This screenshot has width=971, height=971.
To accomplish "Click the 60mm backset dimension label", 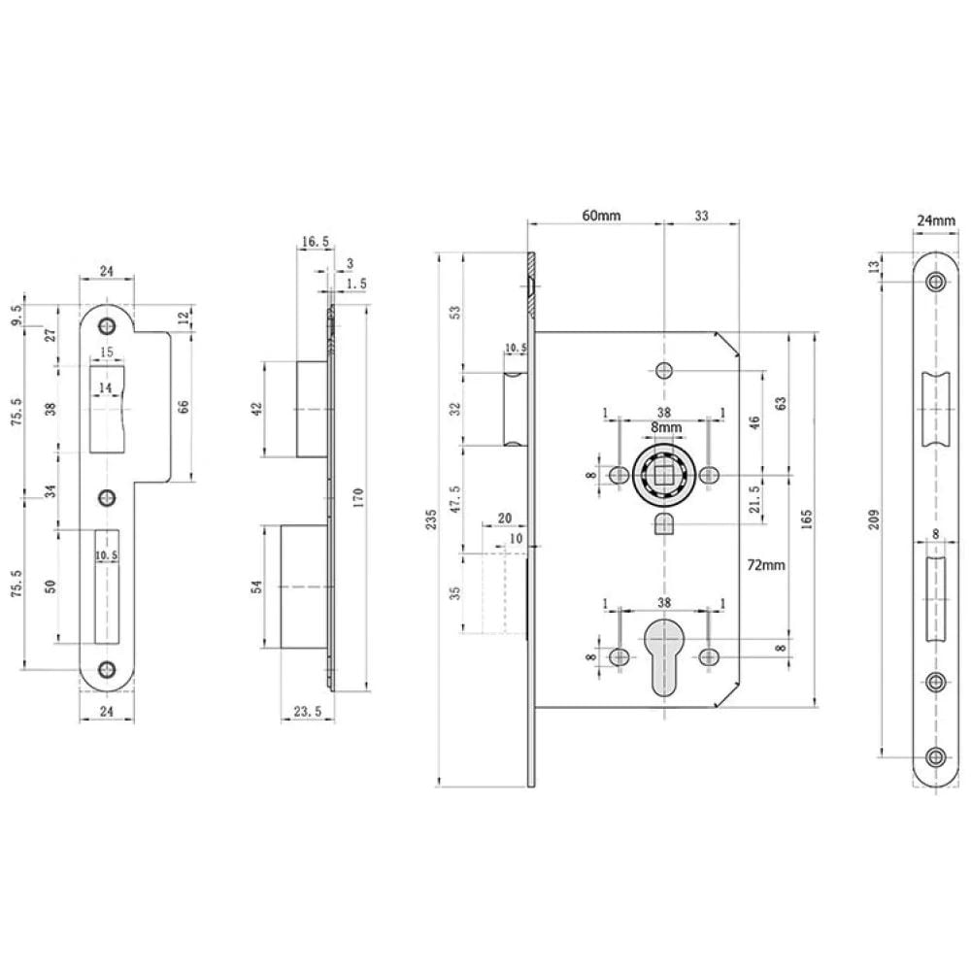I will [601, 216].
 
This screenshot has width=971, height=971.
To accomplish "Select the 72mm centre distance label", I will [767, 563].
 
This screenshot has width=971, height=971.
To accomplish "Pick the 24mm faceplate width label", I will [935, 220].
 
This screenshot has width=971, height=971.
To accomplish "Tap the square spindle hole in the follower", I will [665, 475].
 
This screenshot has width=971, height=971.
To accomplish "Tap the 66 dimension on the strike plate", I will [184, 408].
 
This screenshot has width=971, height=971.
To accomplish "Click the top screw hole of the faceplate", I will [935, 283].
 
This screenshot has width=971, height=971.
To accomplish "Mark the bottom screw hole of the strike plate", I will [107, 669].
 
